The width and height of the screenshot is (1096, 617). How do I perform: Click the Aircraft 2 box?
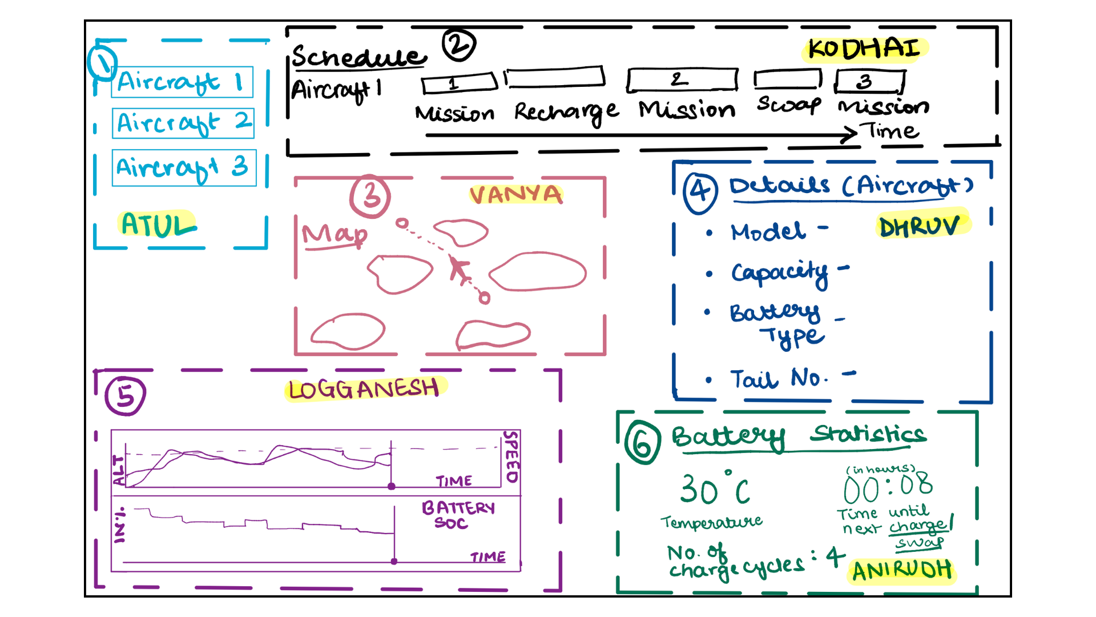click(x=183, y=123)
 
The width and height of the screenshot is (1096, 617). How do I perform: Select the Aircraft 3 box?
click(x=184, y=167)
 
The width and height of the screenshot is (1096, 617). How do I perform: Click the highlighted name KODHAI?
click(x=865, y=49)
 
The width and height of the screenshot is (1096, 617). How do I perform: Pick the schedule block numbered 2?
click(x=682, y=80)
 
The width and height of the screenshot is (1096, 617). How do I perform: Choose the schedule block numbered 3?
click(x=869, y=82)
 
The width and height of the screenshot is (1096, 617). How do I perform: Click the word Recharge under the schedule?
click(x=566, y=111)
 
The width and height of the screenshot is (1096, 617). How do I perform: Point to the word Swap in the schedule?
click(x=789, y=104)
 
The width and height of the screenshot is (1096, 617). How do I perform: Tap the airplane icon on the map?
click(x=458, y=269)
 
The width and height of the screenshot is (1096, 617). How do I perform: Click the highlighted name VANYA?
click(x=516, y=194)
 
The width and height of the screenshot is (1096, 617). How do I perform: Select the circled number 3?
click(x=370, y=196)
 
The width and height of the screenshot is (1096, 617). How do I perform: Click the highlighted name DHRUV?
click(x=920, y=226)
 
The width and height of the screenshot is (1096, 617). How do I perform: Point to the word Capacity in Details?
click(x=780, y=273)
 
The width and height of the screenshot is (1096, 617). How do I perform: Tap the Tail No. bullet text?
click(x=779, y=378)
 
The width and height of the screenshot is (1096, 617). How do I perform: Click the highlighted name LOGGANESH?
click(x=364, y=390)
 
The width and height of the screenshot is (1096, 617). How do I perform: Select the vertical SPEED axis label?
click(x=512, y=457)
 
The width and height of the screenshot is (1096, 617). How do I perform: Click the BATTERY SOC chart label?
click(x=458, y=515)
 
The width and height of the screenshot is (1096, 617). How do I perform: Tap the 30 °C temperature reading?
click(x=715, y=490)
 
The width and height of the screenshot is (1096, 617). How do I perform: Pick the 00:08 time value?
click(x=888, y=487)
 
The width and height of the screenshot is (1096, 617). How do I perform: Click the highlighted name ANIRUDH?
click(x=902, y=570)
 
